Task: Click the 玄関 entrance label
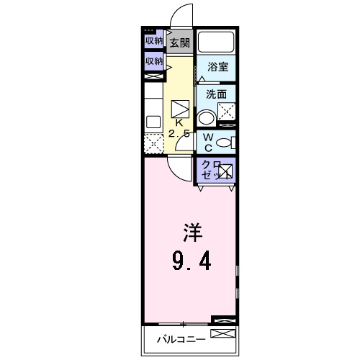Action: click(x=179, y=43)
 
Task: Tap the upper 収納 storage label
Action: click(x=153, y=41)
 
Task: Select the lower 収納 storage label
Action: click(x=153, y=62)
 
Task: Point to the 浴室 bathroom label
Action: click(x=217, y=67)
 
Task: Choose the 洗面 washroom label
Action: click(x=217, y=94)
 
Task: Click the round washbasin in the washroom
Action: click(x=207, y=118)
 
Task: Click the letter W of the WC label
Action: click(x=206, y=136)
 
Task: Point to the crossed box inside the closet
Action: click(x=225, y=171)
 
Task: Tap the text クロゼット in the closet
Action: click(x=210, y=170)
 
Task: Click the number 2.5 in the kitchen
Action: click(x=179, y=134)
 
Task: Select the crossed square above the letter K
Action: click(x=179, y=108)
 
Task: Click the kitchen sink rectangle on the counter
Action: click(x=153, y=122)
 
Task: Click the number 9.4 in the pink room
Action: click(x=191, y=259)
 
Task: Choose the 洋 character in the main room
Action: click(x=191, y=234)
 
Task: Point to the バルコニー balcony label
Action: click(x=181, y=338)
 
